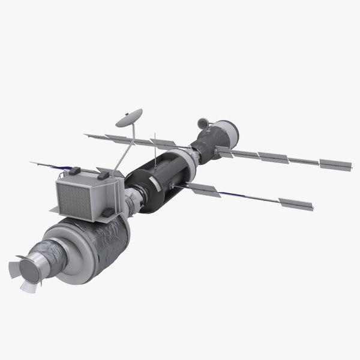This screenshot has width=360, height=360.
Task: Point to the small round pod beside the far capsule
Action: coord(203,124)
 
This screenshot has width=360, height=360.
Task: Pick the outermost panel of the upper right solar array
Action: coord(334,163)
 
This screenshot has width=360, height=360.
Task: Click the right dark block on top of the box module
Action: coord(103,175)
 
